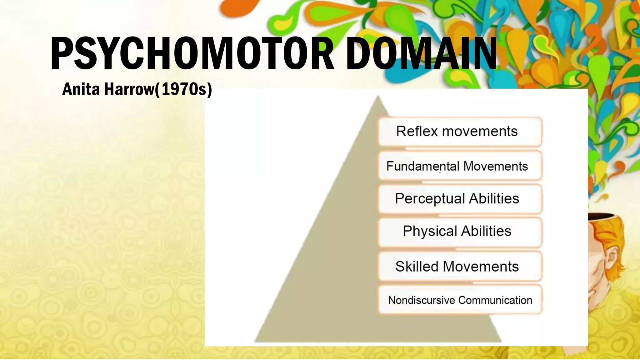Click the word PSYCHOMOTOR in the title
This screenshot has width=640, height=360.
click(192, 53)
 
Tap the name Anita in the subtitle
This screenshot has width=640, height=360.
click(81, 89)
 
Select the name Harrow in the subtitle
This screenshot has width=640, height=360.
click(129, 89)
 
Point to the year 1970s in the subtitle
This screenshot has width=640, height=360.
click(183, 89)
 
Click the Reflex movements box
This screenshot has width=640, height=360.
click(460, 132)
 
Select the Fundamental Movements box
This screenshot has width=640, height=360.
click(460, 166)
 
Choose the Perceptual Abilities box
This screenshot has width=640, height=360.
click(460, 199)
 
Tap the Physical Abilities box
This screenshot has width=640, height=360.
click(460, 232)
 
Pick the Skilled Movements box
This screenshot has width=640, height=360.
click(460, 267)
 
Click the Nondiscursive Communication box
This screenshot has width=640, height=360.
click(460, 300)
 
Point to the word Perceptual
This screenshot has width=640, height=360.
click(430, 199)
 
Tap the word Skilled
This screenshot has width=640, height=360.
click(417, 267)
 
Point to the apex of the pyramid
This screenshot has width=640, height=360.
click(378, 97)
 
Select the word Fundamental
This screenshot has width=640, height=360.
click(423, 166)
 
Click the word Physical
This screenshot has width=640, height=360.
click(430, 232)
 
